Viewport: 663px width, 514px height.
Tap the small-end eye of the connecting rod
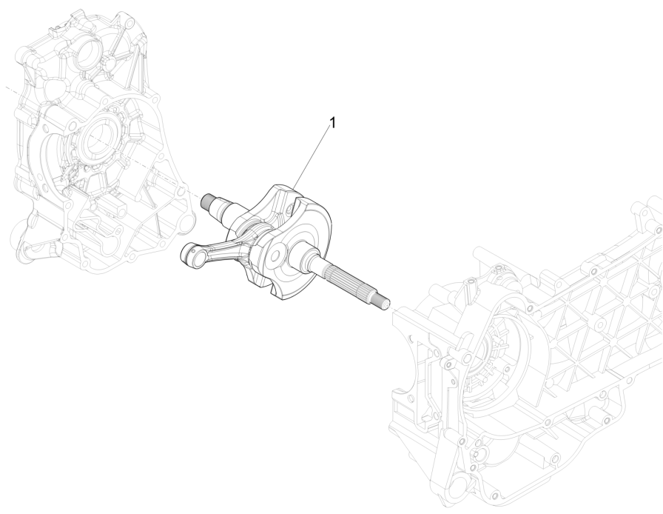point(191,257)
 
